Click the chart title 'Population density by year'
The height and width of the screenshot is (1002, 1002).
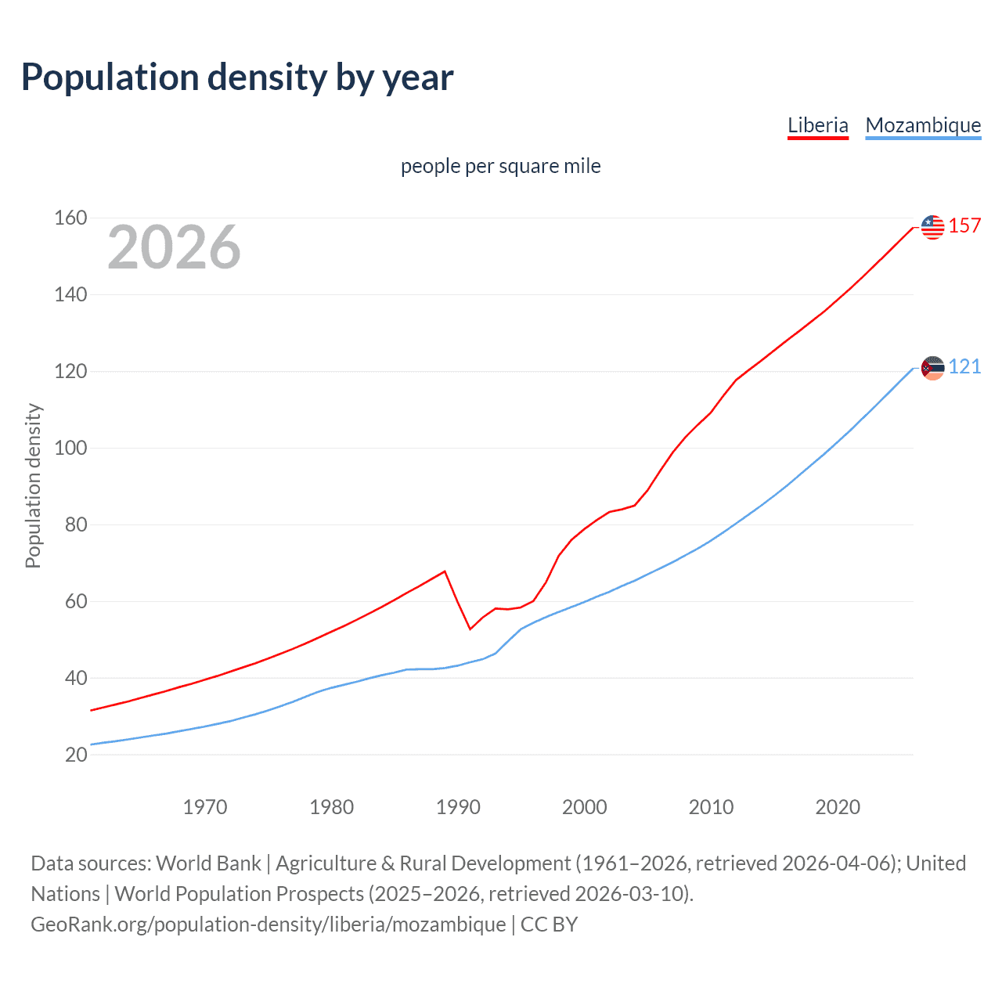pyautogui.click(x=237, y=77)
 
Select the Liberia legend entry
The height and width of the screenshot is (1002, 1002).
pyautogui.click(x=817, y=125)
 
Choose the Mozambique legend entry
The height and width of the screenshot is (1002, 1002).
pyautogui.click(x=923, y=125)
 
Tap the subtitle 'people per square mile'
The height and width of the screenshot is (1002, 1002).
pyautogui.click(x=500, y=167)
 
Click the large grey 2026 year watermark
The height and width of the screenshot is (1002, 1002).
pyautogui.click(x=174, y=247)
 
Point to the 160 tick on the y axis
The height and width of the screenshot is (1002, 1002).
pyautogui.click(x=70, y=218)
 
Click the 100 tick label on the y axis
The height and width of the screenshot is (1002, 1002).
pyautogui.click(x=70, y=449)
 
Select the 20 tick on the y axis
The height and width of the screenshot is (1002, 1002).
pyautogui.click(x=75, y=755)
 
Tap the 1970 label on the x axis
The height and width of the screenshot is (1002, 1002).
pyautogui.click(x=205, y=807)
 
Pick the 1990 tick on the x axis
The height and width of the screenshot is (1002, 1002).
pyautogui.click(x=458, y=807)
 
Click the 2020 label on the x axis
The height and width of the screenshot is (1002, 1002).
pyautogui.click(x=838, y=807)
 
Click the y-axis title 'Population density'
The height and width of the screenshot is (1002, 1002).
pyautogui.click(x=33, y=485)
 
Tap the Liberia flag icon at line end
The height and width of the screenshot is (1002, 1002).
pyautogui.click(x=932, y=227)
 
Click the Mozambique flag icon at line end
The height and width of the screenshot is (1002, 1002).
pyautogui.click(x=932, y=368)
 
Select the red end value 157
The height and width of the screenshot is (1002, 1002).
pyautogui.click(x=964, y=226)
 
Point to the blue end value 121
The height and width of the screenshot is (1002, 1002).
pyautogui.click(x=964, y=367)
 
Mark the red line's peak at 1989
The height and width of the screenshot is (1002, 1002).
pyautogui.click(x=445, y=571)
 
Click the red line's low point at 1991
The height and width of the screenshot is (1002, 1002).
pyautogui.click(x=470, y=629)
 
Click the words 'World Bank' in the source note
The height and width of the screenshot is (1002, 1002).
pyautogui.click(x=208, y=863)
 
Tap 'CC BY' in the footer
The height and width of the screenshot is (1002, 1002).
pyautogui.click(x=549, y=925)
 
